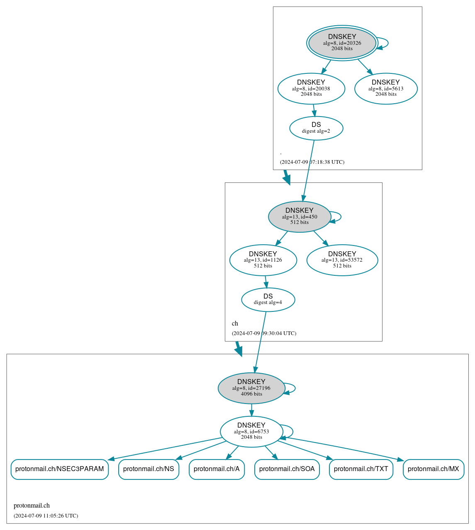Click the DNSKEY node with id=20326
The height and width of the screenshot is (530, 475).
[x=342, y=43]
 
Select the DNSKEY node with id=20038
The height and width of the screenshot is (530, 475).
[x=311, y=88]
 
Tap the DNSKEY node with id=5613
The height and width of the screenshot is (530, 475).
[x=386, y=88]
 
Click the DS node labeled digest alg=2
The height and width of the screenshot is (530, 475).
[x=316, y=128]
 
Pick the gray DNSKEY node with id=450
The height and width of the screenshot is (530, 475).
[x=300, y=216]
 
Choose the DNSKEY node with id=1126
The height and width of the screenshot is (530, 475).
[x=263, y=260]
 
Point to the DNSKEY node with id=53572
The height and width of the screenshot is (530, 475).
[x=342, y=260]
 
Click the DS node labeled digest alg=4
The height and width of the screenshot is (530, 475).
[x=268, y=299]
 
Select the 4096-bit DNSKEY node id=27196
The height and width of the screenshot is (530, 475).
[x=251, y=388]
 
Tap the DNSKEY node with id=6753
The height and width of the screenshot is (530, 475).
[x=251, y=432]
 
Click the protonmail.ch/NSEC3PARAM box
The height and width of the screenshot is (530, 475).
[x=60, y=469]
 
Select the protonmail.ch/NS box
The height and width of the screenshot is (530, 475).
[x=149, y=469]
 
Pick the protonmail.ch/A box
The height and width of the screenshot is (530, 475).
[x=217, y=469]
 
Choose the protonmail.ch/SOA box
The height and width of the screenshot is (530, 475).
[x=287, y=469]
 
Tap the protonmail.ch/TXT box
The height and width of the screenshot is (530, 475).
[x=361, y=469]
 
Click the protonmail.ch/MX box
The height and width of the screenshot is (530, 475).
[x=434, y=469]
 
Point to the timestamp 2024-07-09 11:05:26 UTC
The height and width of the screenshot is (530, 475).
[x=46, y=516]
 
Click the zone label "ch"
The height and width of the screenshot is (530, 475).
[x=235, y=323]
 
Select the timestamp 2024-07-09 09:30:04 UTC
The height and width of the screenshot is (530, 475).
[x=264, y=333]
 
